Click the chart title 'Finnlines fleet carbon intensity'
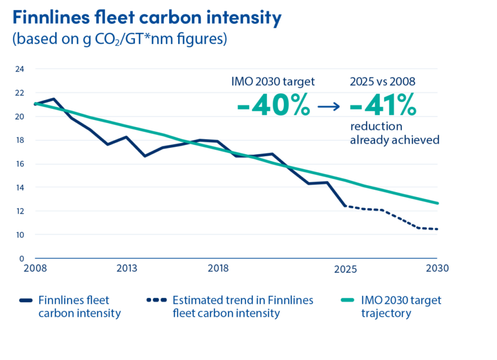point(147,17)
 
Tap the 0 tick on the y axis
point(22,258)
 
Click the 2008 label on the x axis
point(34,269)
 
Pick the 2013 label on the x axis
point(126,269)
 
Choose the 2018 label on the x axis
point(218,269)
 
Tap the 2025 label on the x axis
point(345,269)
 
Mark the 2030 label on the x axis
point(436,269)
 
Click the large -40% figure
point(273,106)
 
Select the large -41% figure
point(383,106)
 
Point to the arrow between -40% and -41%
point(329,107)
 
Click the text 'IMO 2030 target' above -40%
point(273,81)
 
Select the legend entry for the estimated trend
point(242,307)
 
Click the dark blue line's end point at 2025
point(344,205)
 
